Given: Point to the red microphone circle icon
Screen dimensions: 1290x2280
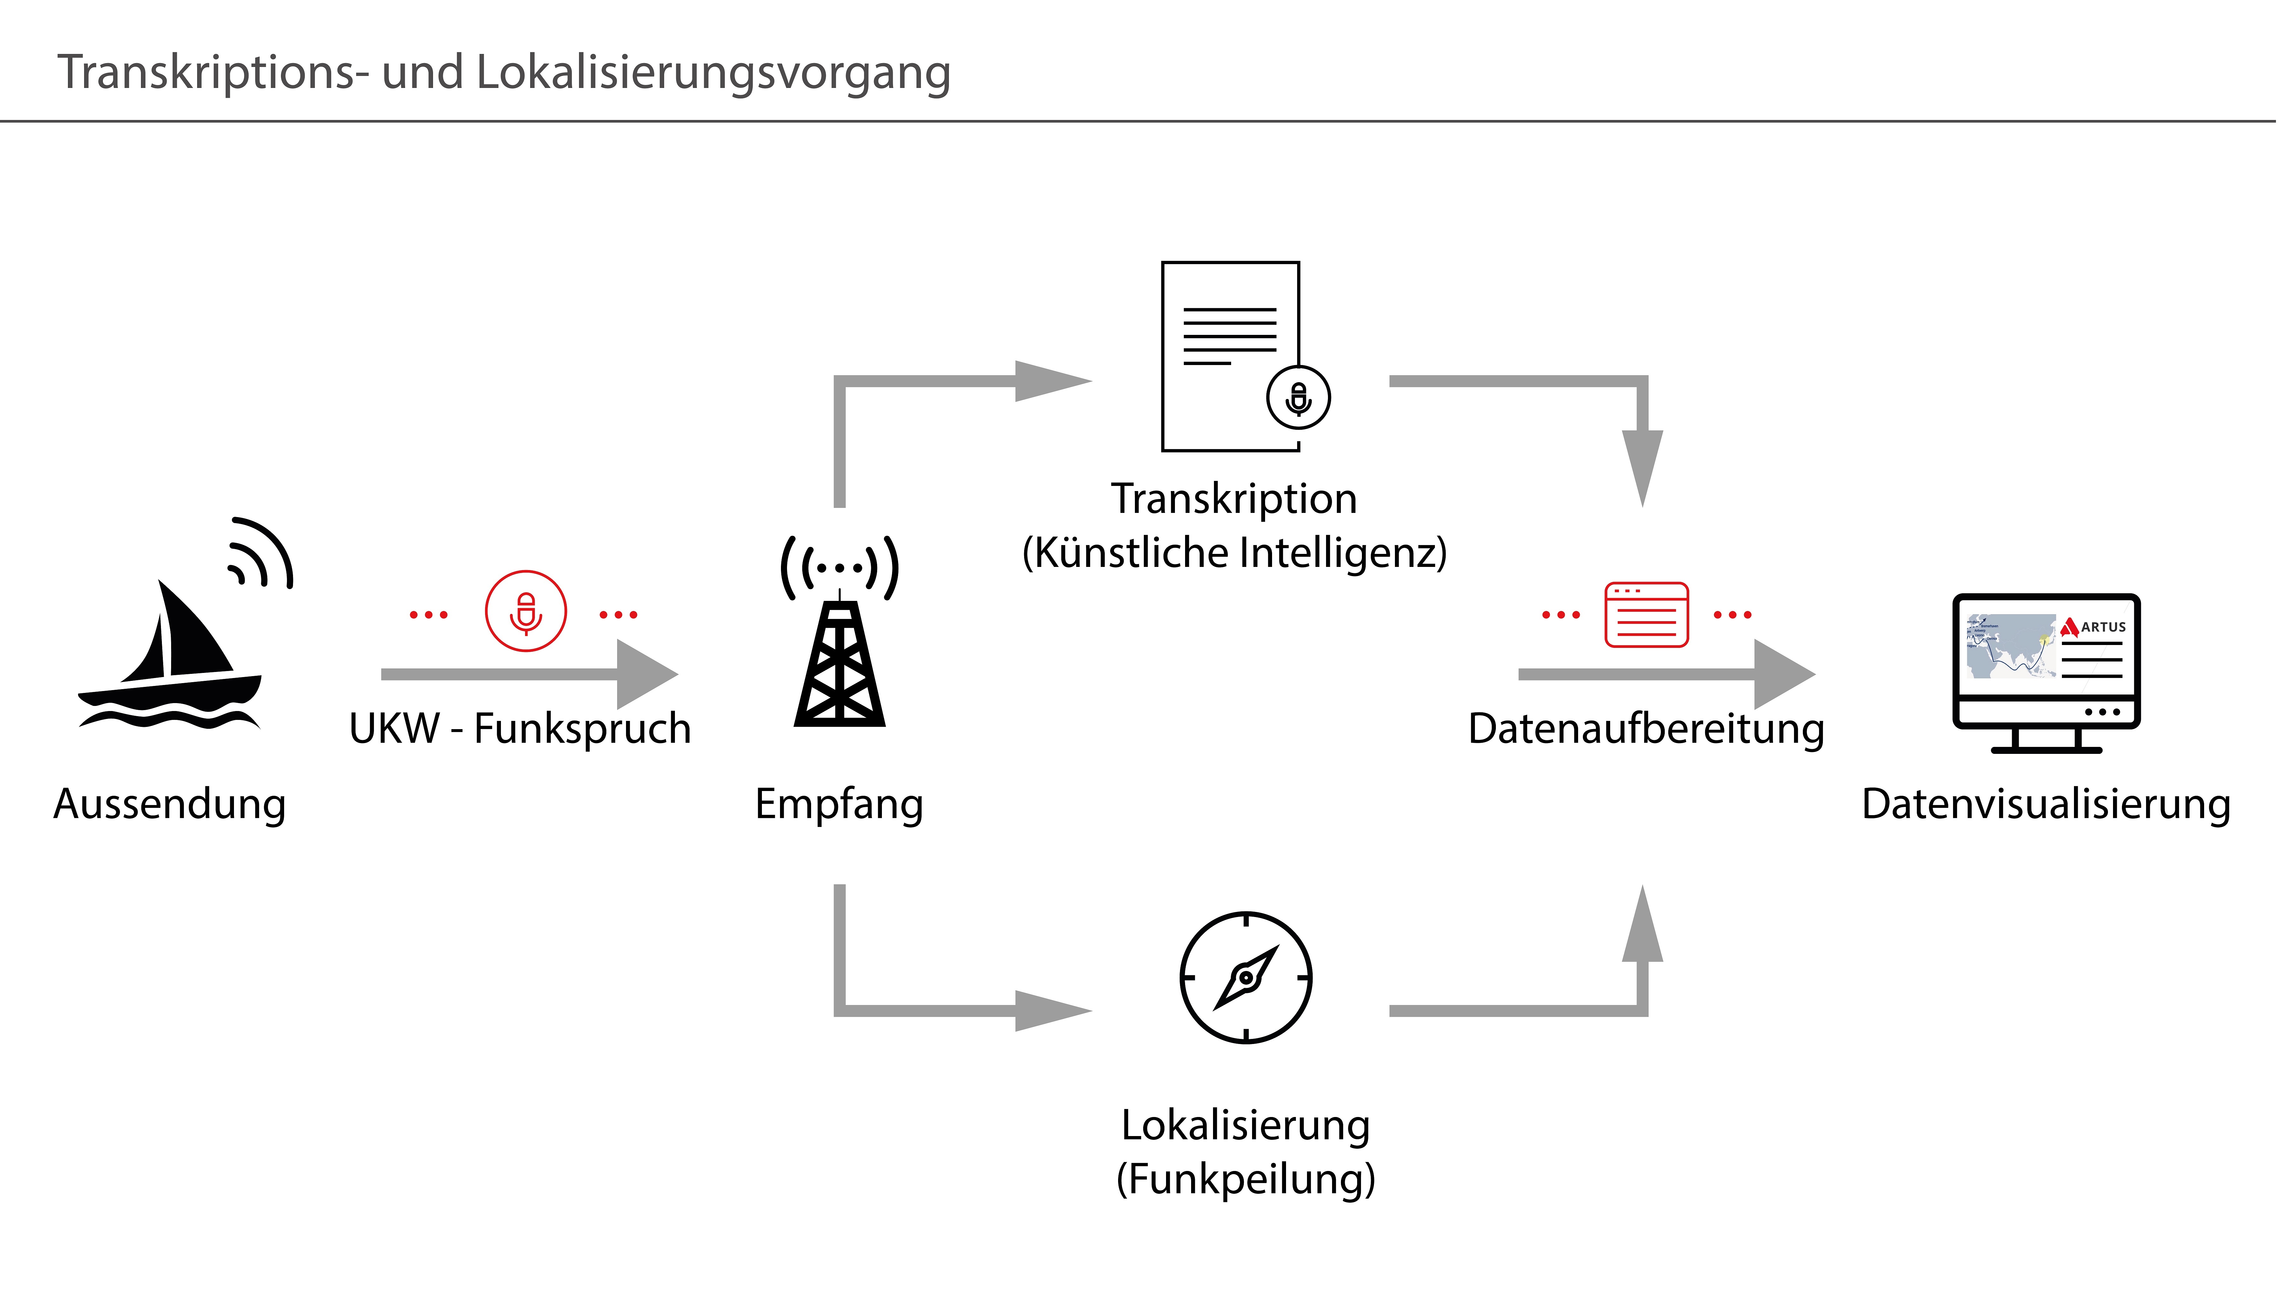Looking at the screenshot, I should coord(525,611).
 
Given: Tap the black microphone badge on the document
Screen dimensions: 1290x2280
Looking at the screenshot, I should coord(1298,398).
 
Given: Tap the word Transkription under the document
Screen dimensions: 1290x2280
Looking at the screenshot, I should coord(1233,499).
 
